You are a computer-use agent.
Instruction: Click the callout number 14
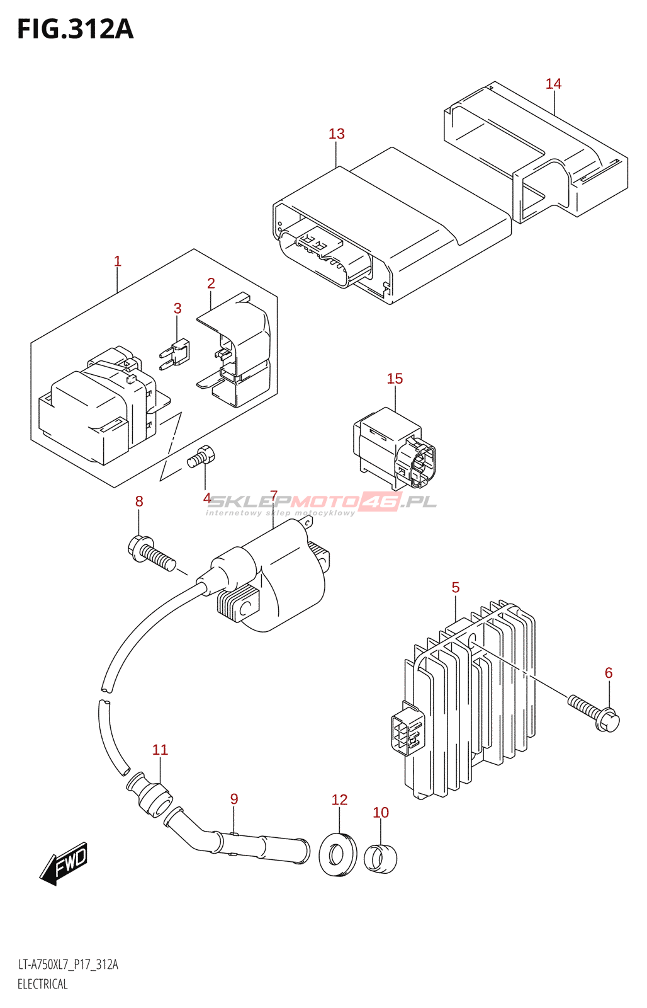(553, 84)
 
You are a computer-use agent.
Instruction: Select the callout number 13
(336, 134)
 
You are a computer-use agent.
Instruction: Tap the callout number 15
(395, 379)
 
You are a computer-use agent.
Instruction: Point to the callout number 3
(177, 308)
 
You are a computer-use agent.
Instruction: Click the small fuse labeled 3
(174, 355)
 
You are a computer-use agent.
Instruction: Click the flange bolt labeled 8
(150, 553)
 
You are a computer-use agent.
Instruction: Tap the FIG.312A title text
(76, 29)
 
